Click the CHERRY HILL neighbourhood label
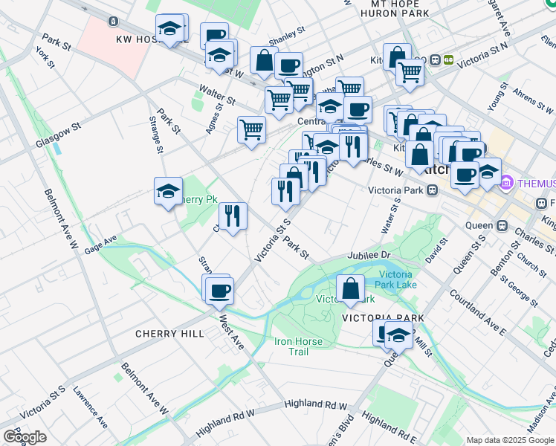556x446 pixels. coord(169,334)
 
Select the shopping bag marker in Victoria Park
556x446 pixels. coord(350,290)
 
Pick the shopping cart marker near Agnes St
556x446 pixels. coord(251,129)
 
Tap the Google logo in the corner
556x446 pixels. coord(25,437)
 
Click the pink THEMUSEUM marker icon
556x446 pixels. coord(507,181)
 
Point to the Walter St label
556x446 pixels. coord(216,94)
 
